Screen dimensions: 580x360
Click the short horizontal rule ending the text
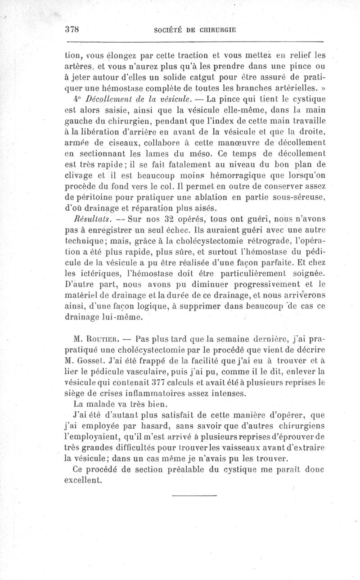tap(194, 496)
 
